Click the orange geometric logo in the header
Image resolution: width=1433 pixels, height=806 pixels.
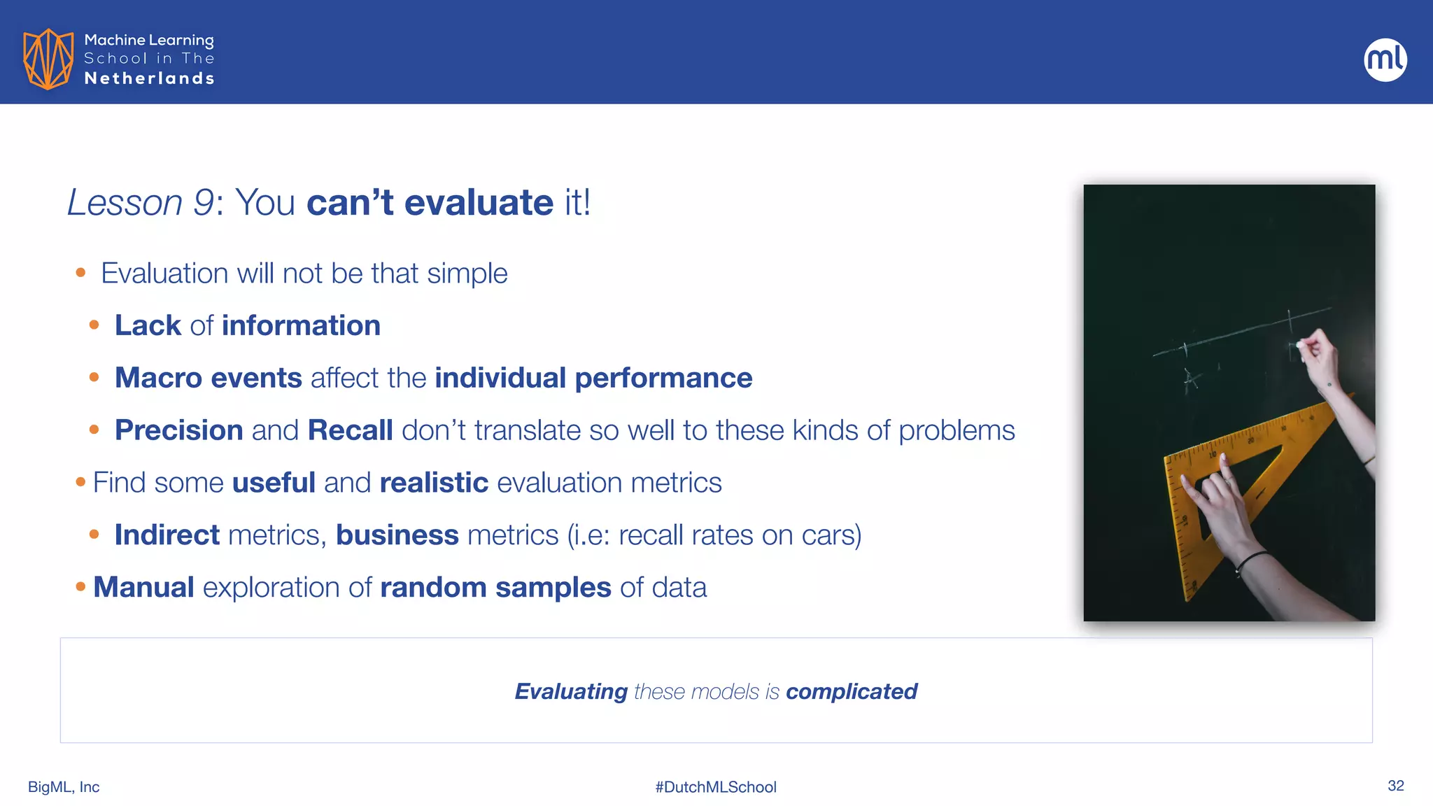48,59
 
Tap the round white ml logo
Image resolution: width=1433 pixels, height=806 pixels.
1385,59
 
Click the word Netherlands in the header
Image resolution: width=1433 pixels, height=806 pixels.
149,78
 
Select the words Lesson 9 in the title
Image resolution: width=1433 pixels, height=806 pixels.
140,203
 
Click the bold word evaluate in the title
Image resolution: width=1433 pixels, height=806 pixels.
479,203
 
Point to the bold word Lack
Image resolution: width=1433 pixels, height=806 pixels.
148,325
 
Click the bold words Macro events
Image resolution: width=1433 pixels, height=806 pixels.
208,378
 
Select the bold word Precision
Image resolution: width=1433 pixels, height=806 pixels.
178,430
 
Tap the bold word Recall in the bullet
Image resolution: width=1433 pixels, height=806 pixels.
350,430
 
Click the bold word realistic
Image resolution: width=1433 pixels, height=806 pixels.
433,483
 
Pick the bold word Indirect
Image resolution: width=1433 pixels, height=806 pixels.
167,535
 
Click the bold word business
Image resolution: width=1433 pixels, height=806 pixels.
397,535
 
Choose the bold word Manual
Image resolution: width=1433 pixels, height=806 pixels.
143,588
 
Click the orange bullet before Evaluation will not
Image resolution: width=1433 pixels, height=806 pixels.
80,273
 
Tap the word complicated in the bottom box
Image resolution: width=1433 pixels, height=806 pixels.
851,691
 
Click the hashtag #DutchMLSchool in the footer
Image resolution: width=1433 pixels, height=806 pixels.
715,787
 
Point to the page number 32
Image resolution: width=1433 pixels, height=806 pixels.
1395,786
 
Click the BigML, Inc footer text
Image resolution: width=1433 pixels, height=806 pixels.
64,787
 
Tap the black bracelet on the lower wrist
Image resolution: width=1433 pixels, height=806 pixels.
1252,560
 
